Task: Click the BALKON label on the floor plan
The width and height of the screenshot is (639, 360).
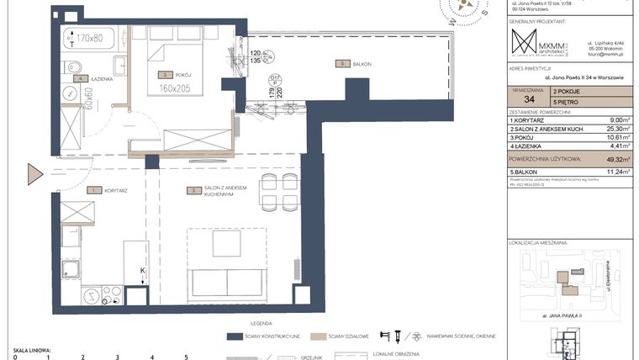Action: point(362,64)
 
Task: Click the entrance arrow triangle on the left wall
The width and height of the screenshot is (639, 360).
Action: point(35,175)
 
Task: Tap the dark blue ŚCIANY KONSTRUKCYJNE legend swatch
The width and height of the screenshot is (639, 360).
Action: point(243,336)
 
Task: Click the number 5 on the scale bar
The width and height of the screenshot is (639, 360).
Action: point(185,357)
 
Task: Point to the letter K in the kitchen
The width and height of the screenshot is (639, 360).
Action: point(142,270)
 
